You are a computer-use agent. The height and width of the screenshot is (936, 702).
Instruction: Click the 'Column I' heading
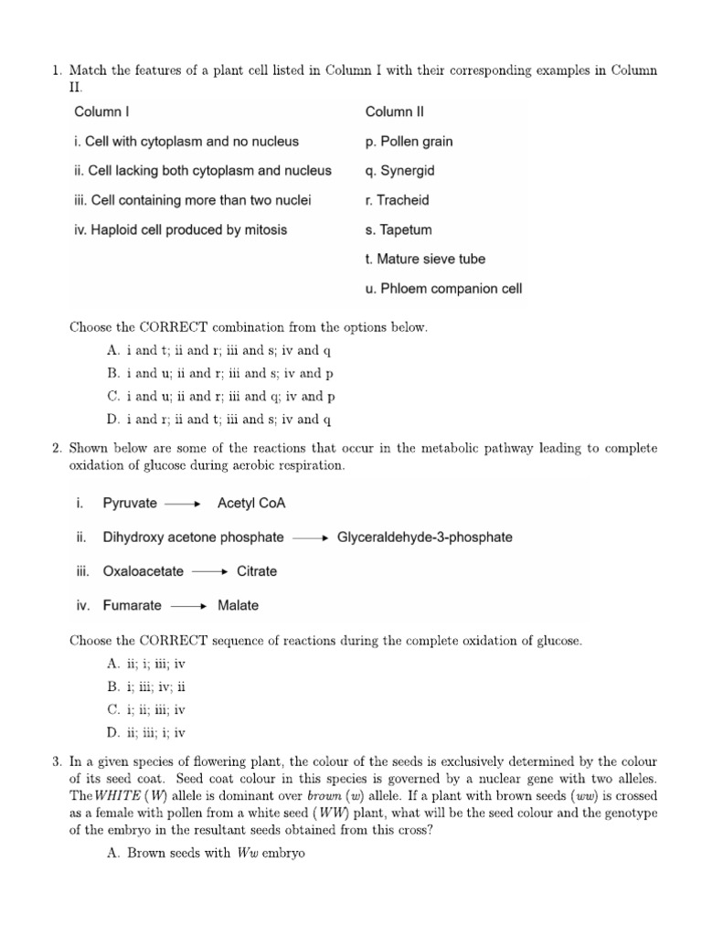click(x=102, y=112)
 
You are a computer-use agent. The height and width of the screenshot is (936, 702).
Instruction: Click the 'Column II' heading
click(x=395, y=112)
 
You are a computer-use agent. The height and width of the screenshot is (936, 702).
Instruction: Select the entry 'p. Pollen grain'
click(x=409, y=142)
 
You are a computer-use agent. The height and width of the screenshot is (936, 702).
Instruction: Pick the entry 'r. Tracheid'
click(x=398, y=200)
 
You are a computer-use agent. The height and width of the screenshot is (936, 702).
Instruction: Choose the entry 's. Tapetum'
click(x=399, y=229)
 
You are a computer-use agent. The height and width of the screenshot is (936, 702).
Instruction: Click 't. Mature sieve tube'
click(x=426, y=259)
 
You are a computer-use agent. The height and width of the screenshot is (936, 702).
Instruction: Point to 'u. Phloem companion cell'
click(x=443, y=289)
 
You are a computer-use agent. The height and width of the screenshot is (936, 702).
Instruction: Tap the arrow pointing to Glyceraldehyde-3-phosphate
click(x=310, y=537)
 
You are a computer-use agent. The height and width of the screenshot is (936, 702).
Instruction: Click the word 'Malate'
click(x=238, y=605)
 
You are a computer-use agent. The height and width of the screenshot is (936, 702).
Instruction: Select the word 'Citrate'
click(x=257, y=571)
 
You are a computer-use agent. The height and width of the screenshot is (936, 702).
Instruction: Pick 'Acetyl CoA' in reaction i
click(x=252, y=503)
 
